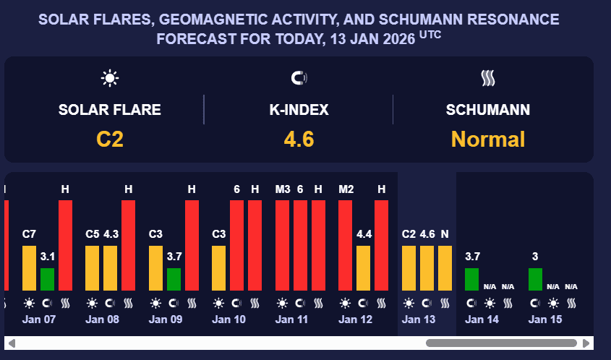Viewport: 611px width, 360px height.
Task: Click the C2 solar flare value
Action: [x=110, y=138]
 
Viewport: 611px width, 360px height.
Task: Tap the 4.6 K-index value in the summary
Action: [x=299, y=138]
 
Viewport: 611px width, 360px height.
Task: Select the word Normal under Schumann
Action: [x=488, y=138]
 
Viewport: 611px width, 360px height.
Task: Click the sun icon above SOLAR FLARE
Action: [x=110, y=78]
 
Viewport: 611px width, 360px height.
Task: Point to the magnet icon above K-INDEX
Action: [x=299, y=78]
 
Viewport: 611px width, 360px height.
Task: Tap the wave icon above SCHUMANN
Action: [x=488, y=78]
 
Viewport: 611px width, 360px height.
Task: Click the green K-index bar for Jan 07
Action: [x=47, y=279]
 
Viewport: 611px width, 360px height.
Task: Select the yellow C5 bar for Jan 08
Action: [x=93, y=267]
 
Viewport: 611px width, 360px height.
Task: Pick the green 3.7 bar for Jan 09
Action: [x=174, y=279]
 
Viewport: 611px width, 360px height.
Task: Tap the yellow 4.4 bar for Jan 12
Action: [x=364, y=267]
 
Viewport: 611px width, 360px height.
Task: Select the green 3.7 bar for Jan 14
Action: [x=471, y=279]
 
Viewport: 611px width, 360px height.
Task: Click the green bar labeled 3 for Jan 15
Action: [x=535, y=279]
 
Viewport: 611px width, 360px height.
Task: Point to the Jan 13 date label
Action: [x=418, y=319]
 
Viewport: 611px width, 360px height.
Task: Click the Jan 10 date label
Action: [x=228, y=319]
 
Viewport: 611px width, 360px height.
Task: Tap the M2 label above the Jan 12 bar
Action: [x=346, y=189]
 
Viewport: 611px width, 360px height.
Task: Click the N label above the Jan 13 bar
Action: [x=445, y=234]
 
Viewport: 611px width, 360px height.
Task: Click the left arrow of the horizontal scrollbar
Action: [x=11, y=343]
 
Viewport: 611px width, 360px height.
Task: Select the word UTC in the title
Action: [x=430, y=34]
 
